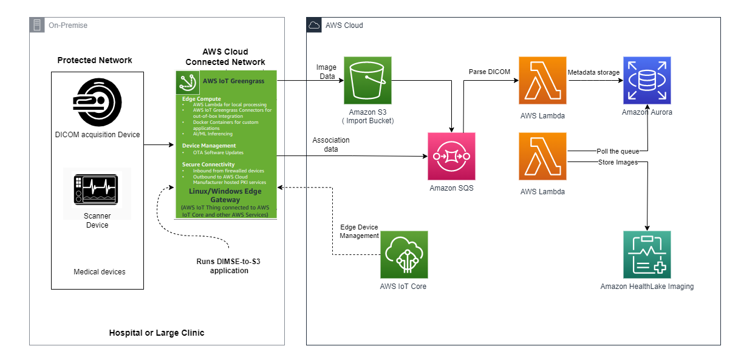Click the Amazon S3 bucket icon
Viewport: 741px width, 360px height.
click(367, 80)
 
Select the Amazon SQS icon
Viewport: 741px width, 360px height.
click(451, 156)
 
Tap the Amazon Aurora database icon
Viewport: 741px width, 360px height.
click(647, 80)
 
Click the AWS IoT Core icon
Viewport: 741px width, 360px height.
click(404, 254)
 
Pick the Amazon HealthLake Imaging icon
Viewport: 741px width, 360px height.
click(647, 254)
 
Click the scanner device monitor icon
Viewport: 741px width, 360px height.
click(97, 189)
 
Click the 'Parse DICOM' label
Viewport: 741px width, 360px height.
click(490, 72)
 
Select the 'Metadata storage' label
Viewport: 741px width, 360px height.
click(593, 72)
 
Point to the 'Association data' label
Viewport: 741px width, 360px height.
click(331, 144)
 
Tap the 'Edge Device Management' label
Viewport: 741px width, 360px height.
click(360, 231)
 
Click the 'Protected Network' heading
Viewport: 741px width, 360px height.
click(95, 60)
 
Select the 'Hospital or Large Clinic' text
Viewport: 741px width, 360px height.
click(157, 333)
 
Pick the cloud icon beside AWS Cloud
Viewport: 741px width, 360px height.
click(314, 25)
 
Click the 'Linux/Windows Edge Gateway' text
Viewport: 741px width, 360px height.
click(225, 195)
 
